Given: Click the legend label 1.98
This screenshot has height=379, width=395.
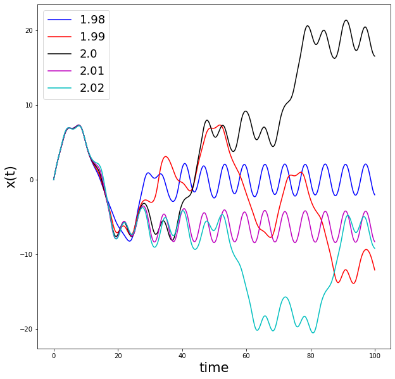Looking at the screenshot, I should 92,20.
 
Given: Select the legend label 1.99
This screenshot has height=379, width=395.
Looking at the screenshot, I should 92,37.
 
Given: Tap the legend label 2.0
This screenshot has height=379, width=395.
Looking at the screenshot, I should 88,54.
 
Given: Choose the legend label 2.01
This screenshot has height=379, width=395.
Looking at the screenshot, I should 92,71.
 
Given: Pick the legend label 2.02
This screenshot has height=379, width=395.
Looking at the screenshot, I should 92,88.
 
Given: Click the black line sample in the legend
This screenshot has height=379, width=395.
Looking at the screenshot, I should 60,54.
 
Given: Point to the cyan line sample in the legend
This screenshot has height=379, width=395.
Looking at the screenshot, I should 60,89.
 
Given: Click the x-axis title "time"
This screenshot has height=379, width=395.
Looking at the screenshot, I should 214,368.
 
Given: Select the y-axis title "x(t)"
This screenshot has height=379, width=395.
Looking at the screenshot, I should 11,173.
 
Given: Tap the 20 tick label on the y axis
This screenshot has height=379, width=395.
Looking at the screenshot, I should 28,30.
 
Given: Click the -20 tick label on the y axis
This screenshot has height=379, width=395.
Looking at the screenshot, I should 25,329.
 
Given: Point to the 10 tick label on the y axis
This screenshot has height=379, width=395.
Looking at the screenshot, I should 28,105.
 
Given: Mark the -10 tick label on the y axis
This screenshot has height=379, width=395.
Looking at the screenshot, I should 25,254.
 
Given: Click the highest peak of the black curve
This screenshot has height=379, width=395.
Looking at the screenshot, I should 346,20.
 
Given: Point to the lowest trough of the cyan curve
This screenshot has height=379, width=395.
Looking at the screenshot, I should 313,333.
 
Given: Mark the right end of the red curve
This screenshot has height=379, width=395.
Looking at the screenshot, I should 375,270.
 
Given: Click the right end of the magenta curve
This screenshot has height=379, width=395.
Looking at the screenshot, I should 375,242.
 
